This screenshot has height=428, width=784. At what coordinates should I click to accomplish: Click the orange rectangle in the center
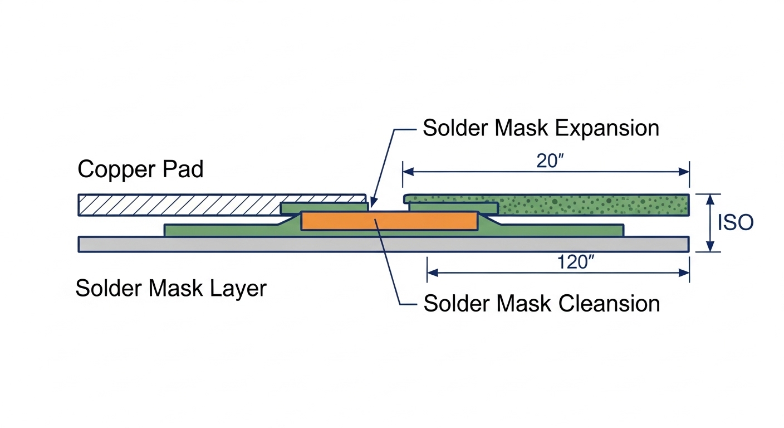point(389,221)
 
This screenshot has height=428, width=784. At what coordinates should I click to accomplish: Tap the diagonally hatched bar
point(178,205)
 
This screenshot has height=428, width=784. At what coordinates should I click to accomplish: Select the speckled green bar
point(590,205)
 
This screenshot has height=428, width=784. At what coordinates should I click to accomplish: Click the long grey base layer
point(383,244)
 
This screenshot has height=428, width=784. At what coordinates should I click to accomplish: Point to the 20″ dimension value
point(550,160)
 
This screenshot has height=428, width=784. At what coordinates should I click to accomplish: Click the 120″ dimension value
point(573,262)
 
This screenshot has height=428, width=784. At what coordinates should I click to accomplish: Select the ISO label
point(735,223)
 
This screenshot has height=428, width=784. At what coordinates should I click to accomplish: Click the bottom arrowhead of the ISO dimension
point(709,248)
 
